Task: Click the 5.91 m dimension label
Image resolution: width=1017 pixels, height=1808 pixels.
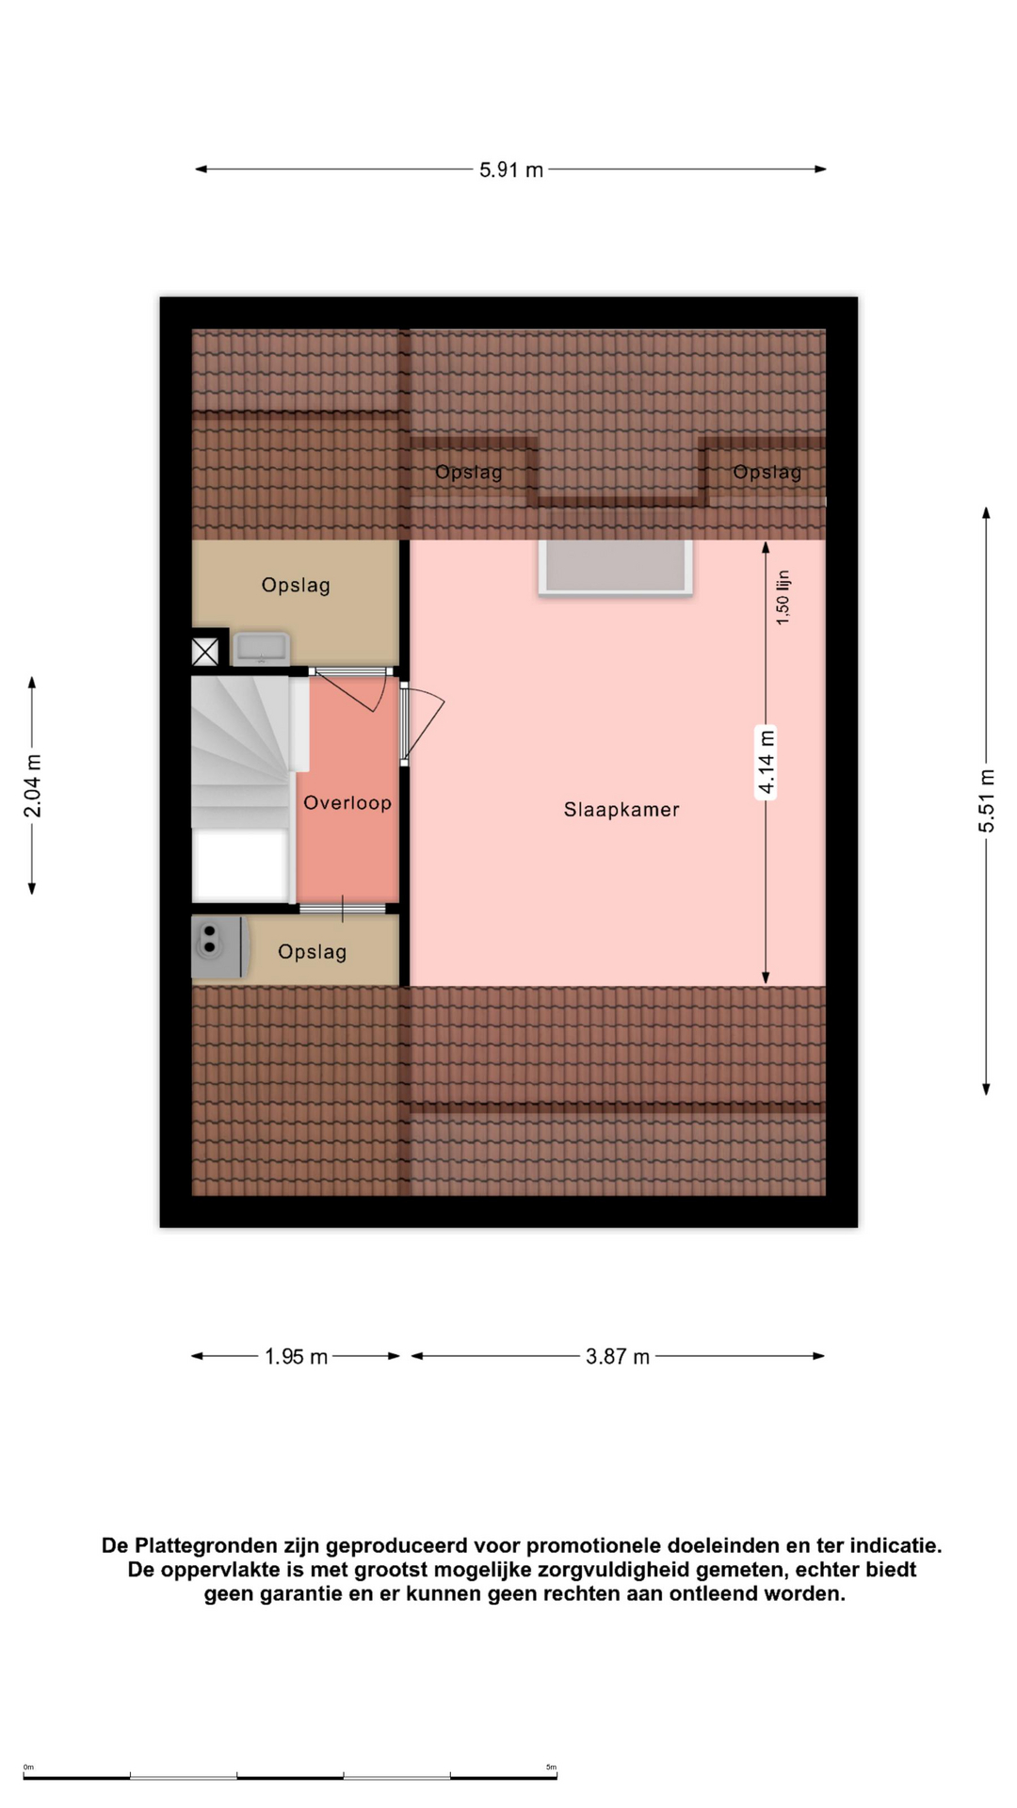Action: tap(511, 170)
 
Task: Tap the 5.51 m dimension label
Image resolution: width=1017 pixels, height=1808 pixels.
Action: tap(986, 800)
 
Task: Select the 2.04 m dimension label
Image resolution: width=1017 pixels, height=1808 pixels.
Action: tap(32, 785)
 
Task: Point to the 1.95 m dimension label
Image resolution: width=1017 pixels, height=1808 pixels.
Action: tap(296, 1357)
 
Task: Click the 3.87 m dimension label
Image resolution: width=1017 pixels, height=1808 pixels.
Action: tap(618, 1357)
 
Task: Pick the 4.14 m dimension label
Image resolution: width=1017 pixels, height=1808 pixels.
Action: tap(767, 762)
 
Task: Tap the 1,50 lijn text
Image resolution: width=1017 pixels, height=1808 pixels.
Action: tap(783, 597)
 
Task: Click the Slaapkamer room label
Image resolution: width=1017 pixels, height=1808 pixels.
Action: tap(621, 810)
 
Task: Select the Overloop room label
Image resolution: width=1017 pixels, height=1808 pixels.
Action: tap(347, 803)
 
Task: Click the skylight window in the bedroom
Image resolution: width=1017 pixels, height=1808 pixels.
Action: tap(616, 567)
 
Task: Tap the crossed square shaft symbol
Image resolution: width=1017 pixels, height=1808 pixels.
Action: tap(205, 651)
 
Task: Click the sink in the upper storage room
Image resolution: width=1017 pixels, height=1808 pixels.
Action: tap(262, 649)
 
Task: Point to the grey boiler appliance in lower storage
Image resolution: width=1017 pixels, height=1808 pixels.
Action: tap(219, 946)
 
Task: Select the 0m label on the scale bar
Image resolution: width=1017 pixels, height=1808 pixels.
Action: tap(28, 1767)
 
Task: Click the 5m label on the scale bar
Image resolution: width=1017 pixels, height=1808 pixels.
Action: tap(551, 1767)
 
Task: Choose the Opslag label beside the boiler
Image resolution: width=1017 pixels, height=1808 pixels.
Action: tap(313, 952)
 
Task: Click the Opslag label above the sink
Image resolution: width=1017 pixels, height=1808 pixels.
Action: tap(296, 585)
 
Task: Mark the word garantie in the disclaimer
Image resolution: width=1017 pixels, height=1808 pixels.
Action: tap(302, 1593)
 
